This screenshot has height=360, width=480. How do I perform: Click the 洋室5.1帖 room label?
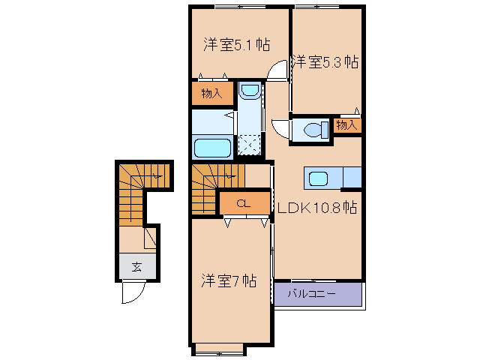pyautogui.click(x=236, y=43)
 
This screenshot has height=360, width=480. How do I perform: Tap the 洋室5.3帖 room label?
pyautogui.click(x=324, y=61)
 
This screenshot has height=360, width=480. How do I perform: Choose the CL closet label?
pyautogui.click(x=243, y=203)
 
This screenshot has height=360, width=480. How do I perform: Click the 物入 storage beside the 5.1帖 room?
pyautogui.click(x=211, y=93)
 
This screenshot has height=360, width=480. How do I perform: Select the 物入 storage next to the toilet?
pyautogui.click(x=347, y=125)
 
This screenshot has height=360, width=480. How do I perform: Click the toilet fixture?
pyautogui.click(x=313, y=130)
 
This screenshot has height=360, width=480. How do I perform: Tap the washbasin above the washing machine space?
pyautogui.click(x=250, y=93)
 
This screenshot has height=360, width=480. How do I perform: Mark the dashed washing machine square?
pyautogui.click(x=250, y=143)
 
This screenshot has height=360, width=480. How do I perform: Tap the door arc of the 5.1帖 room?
pyautogui.click(x=278, y=70)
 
